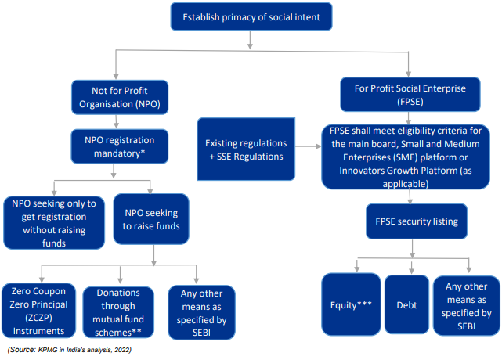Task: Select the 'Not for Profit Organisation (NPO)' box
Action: [x=116, y=96]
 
